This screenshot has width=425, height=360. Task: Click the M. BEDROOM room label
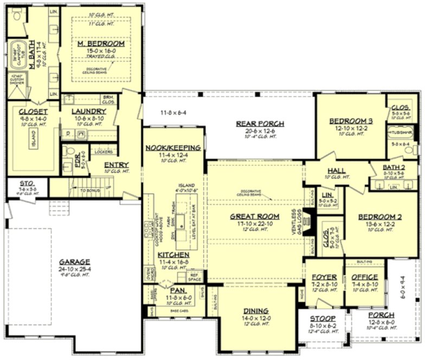tap(101, 43)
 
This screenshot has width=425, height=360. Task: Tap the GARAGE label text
tap(74, 261)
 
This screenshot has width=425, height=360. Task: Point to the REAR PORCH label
tap(260, 124)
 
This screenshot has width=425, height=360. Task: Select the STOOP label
tap(322, 318)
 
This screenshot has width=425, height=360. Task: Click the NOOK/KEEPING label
tap(173, 147)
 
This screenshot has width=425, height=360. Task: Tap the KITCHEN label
tap(173, 254)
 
